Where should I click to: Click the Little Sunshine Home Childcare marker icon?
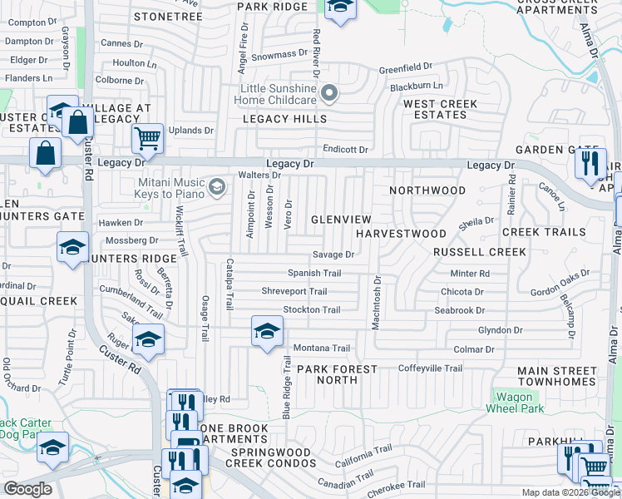tap(330, 94)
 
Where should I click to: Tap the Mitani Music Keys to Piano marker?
tap(217, 186)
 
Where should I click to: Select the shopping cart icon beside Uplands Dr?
tap(147, 138)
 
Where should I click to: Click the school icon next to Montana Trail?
tap(267, 332)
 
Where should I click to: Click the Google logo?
tap(27, 489)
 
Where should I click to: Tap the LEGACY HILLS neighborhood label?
tap(284, 119)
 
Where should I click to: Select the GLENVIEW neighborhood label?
tap(341, 219)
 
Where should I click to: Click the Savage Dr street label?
tap(333, 254)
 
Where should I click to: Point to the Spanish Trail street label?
tap(314, 273)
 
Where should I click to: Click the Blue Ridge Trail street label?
tap(287, 388)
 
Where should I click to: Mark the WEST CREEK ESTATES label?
tap(441, 109)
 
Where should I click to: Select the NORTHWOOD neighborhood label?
tap(428, 190)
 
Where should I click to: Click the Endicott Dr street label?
tap(346, 150)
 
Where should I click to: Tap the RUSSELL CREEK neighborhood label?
tap(480, 252)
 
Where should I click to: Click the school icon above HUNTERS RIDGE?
tap(72, 247)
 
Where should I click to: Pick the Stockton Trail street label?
tap(312, 310)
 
